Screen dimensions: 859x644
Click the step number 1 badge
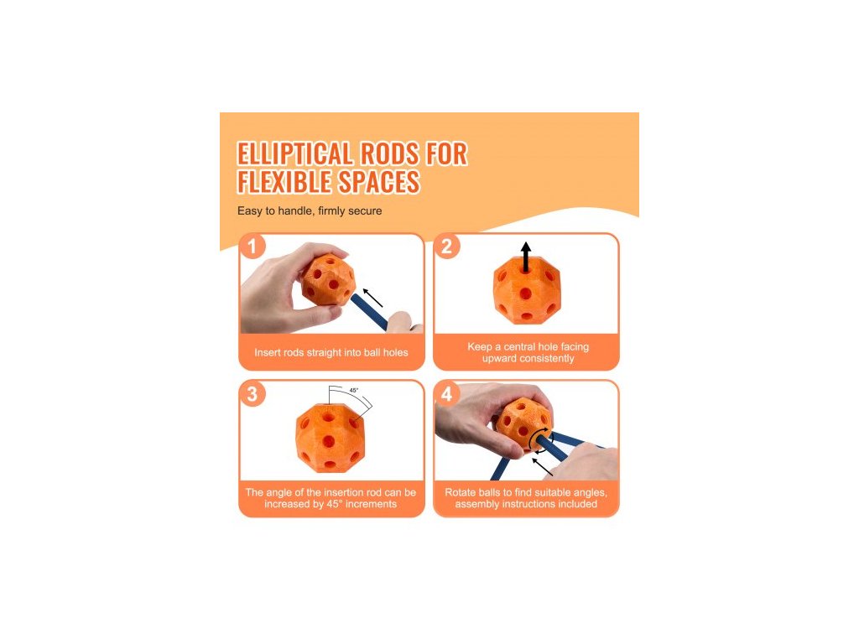[252, 247]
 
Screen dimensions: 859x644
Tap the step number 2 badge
[446, 247]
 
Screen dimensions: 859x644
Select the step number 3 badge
[252, 394]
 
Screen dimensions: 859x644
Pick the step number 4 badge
[446, 394]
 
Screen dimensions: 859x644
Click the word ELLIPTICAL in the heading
[294, 154]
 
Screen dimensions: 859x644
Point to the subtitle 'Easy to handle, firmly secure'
[310, 210]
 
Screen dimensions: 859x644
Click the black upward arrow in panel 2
[526, 257]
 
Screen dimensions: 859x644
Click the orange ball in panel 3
[330, 438]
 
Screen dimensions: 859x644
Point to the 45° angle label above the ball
[354, 391]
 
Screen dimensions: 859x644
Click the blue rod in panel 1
[369, 310]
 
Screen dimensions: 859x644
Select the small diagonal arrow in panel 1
[373, 298]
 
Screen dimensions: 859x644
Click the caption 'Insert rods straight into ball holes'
[331, 353]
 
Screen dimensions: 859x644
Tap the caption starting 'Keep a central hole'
[528, 353]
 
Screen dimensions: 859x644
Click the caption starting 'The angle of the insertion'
[331, 498]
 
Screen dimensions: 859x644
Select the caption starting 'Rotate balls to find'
[526, 498]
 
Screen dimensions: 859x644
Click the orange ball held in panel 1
[329, 280]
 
